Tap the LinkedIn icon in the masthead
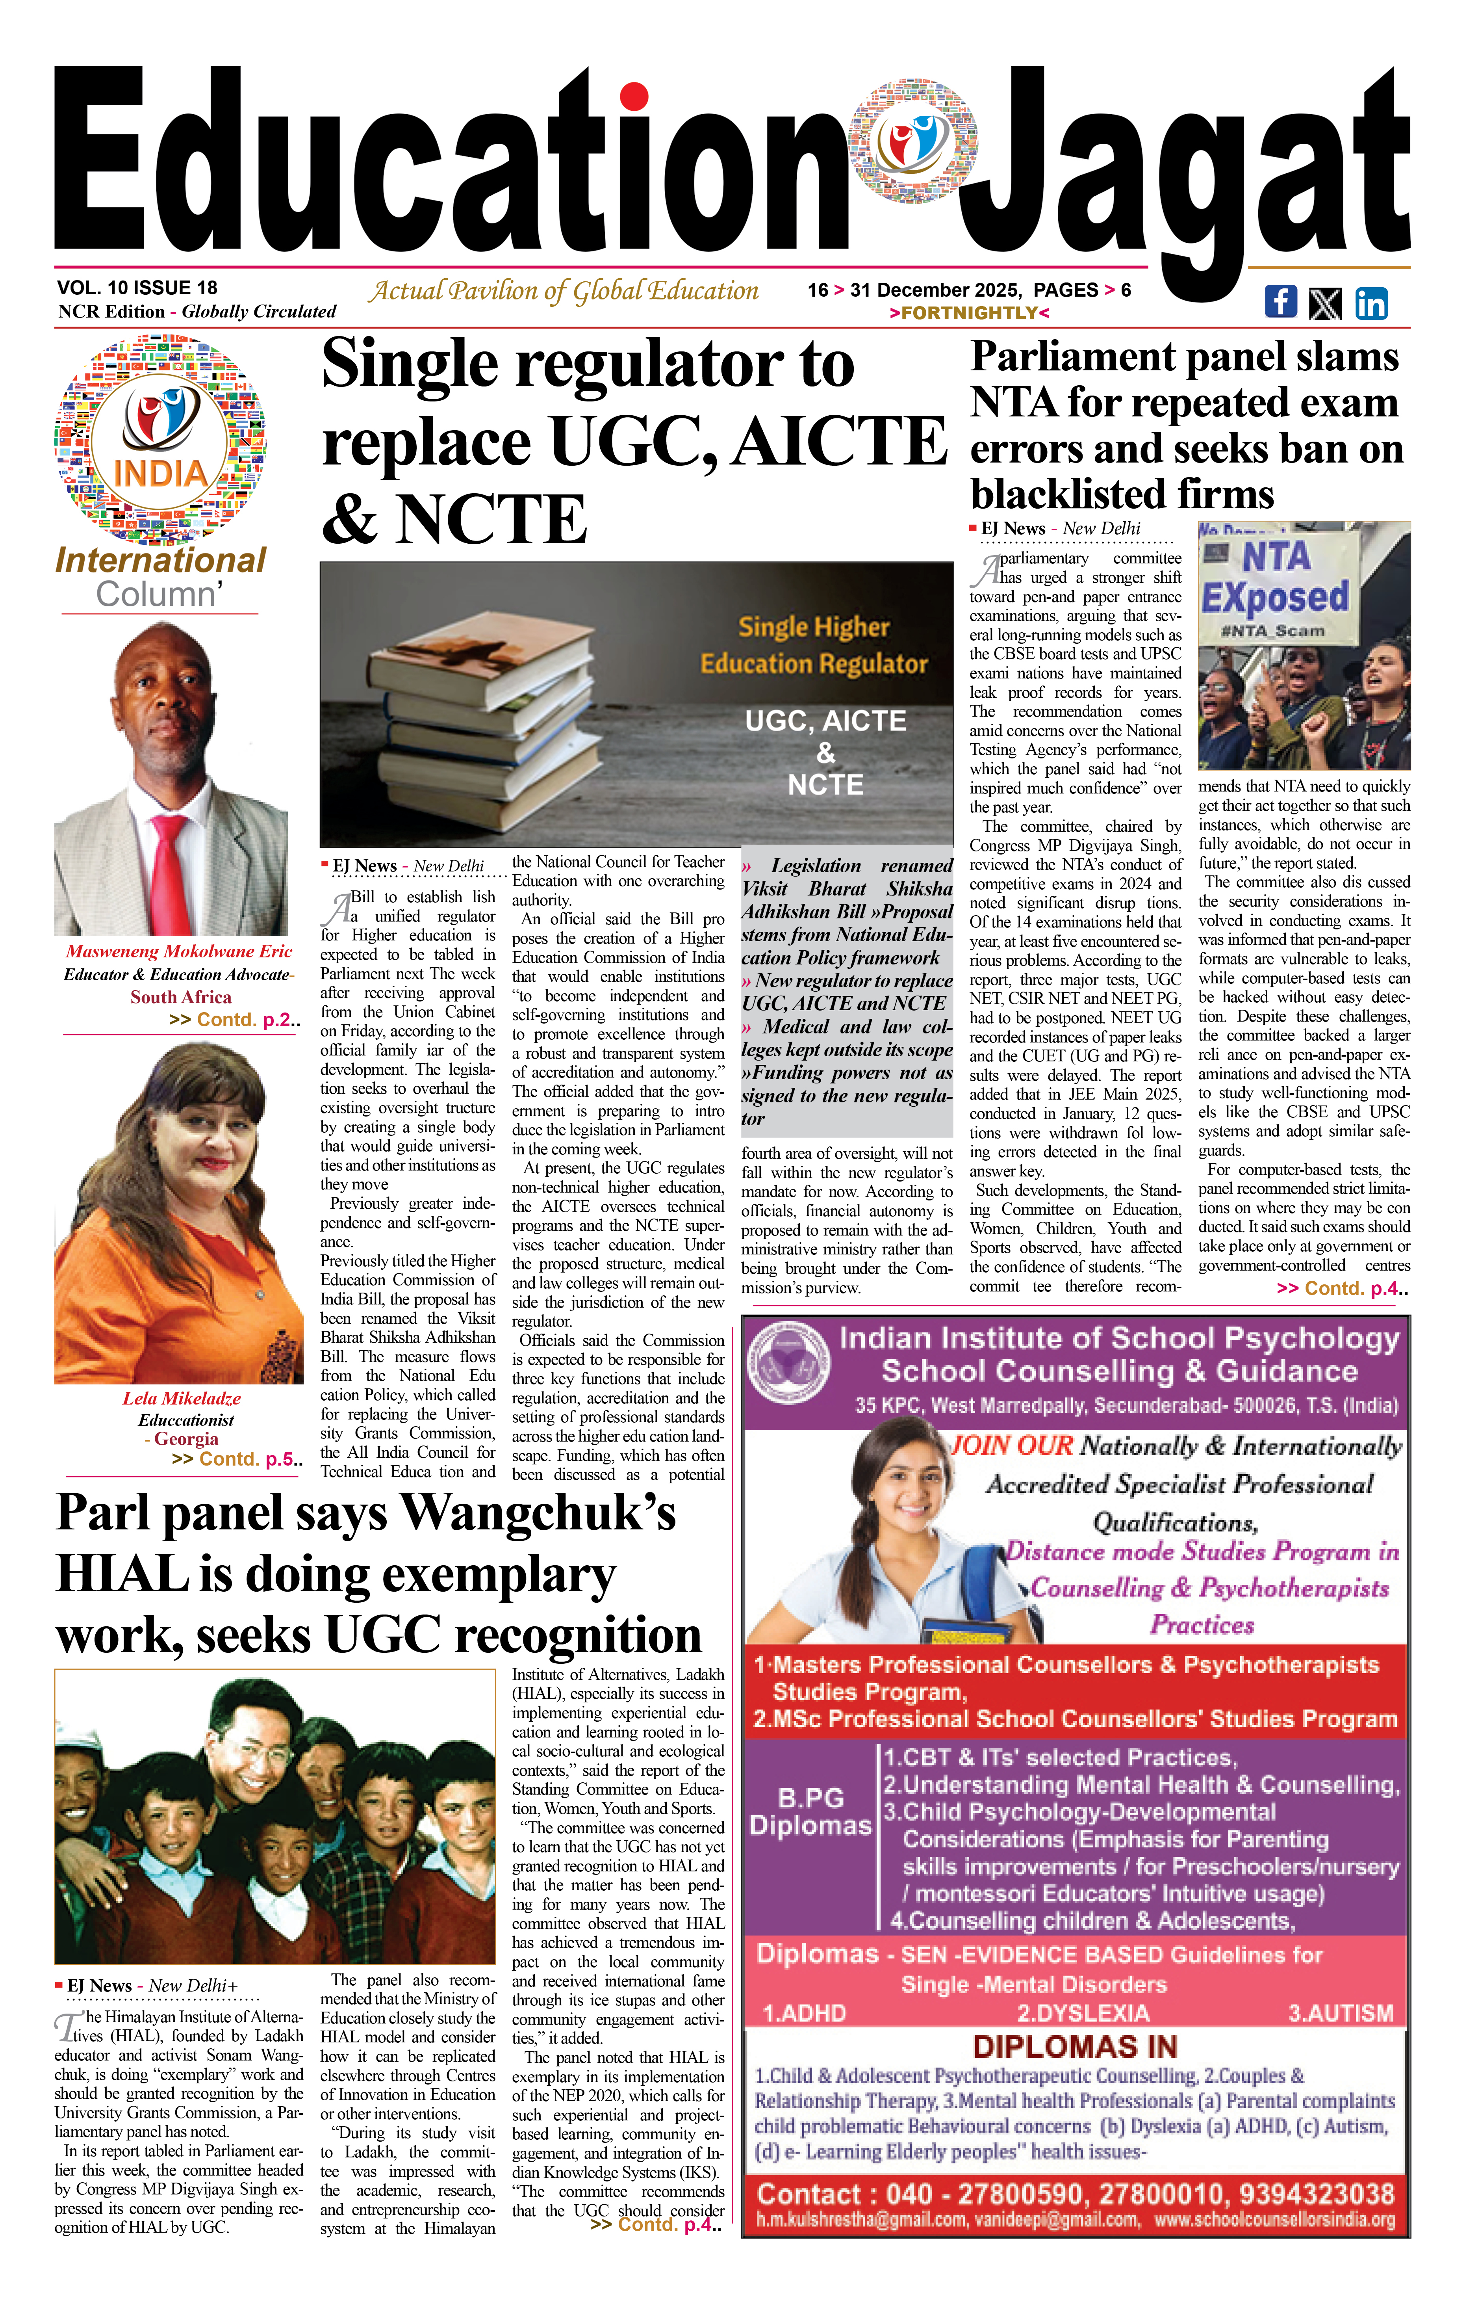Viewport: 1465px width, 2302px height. [1370, 303]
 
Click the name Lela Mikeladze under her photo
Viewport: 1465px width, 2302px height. [182, 1398]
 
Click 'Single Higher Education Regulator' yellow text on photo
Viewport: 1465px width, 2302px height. [813, 645]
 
